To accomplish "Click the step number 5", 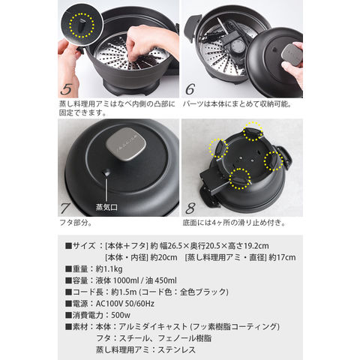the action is [x=66, y=89].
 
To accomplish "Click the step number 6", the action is [x=190, y=89].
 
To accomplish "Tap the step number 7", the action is [x=65, y=208].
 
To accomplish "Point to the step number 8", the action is [x=190, y=208].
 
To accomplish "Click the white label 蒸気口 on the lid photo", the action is [x=106, y=207].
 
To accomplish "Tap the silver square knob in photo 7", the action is [x=126, y=144].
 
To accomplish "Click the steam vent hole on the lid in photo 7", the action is [x=106, y=172].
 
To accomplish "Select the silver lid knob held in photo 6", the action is [x=292, y=55].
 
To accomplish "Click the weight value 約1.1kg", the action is [x=109, y=269].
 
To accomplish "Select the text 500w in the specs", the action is [x=121, y=315].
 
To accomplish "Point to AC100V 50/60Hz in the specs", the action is [x=125, y=304].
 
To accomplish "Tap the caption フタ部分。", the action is [x=76, y=223].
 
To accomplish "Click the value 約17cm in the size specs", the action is [x=282, y=257].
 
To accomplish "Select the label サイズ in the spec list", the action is [x=84, y=246].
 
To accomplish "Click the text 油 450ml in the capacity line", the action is [x=161, y=280].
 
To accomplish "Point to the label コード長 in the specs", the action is [x=88, y=292].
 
